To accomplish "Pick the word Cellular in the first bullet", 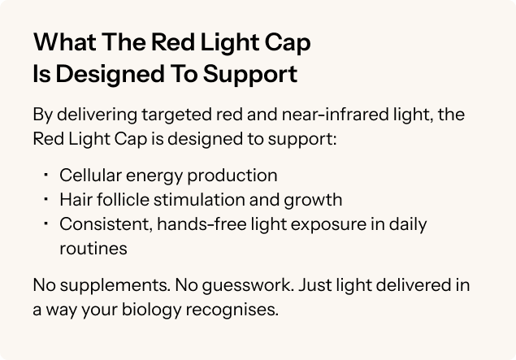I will coord(88,175).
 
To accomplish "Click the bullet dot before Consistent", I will coord(46,221).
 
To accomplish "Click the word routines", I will coord(93,249).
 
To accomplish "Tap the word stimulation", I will coord(193,199).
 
